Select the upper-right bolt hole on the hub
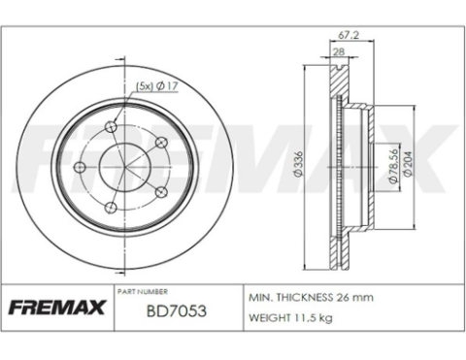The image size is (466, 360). click(x=160, y=142)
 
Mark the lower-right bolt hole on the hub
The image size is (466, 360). click(x=159, y=191)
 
